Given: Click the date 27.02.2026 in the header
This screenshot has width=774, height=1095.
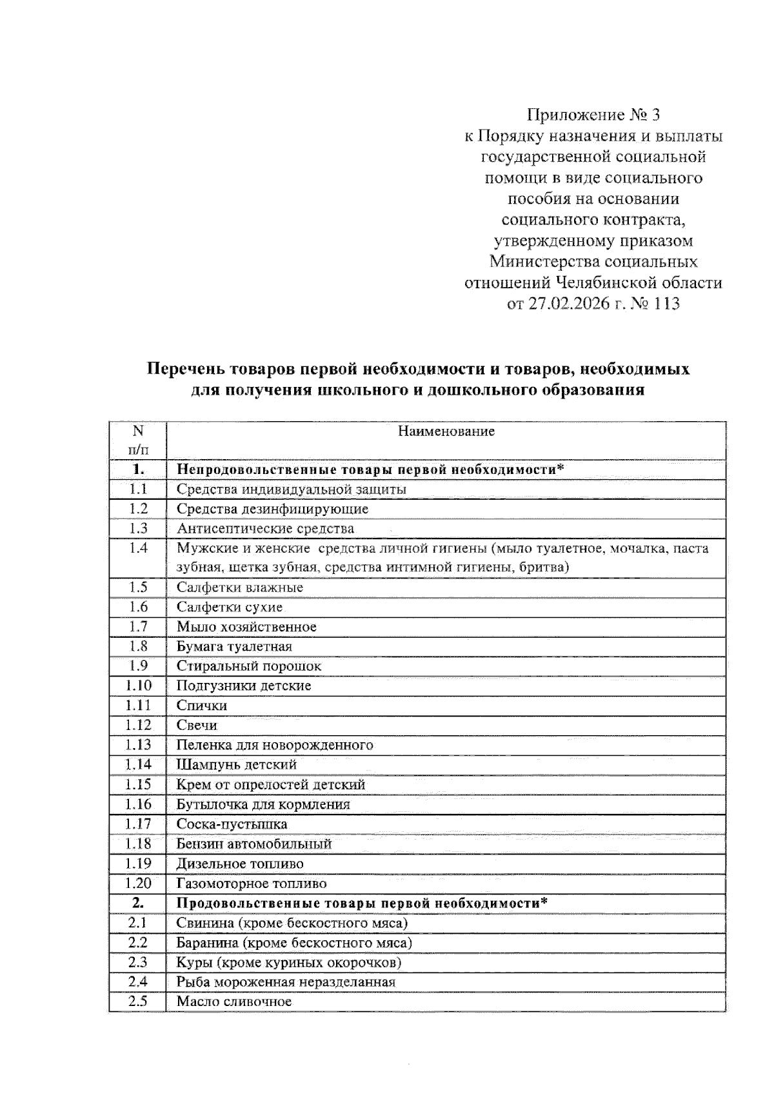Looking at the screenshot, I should coord(569,303).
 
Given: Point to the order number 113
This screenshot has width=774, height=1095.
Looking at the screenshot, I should coord(666,303).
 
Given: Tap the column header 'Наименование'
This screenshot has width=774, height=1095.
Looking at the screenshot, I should coord(446,431).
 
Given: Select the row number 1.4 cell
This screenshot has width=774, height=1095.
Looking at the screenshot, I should coord(138,547).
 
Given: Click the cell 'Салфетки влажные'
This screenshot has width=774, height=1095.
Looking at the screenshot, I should coord(240,587).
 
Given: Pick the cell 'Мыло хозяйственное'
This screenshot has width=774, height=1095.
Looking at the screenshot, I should coord(246,626).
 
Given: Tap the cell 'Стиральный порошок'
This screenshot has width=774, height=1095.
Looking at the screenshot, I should coord(249,666).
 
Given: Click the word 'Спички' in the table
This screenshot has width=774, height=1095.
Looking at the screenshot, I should coord(202,705).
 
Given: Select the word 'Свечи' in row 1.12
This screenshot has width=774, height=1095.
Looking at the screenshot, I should coord(197,725).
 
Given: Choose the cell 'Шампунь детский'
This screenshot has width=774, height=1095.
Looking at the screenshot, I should coord(237,764).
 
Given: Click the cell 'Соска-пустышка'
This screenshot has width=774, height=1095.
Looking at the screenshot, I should coord(232,824).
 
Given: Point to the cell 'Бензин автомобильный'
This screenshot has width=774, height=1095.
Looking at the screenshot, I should coord(254,843).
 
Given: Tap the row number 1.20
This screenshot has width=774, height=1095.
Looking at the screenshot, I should coord(138,883).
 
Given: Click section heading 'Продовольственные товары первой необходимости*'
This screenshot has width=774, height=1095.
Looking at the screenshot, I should coord(362,902).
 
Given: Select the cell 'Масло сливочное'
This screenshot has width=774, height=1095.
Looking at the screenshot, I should coord(234,1001).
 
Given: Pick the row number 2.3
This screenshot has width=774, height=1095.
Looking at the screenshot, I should coord(138,962).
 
